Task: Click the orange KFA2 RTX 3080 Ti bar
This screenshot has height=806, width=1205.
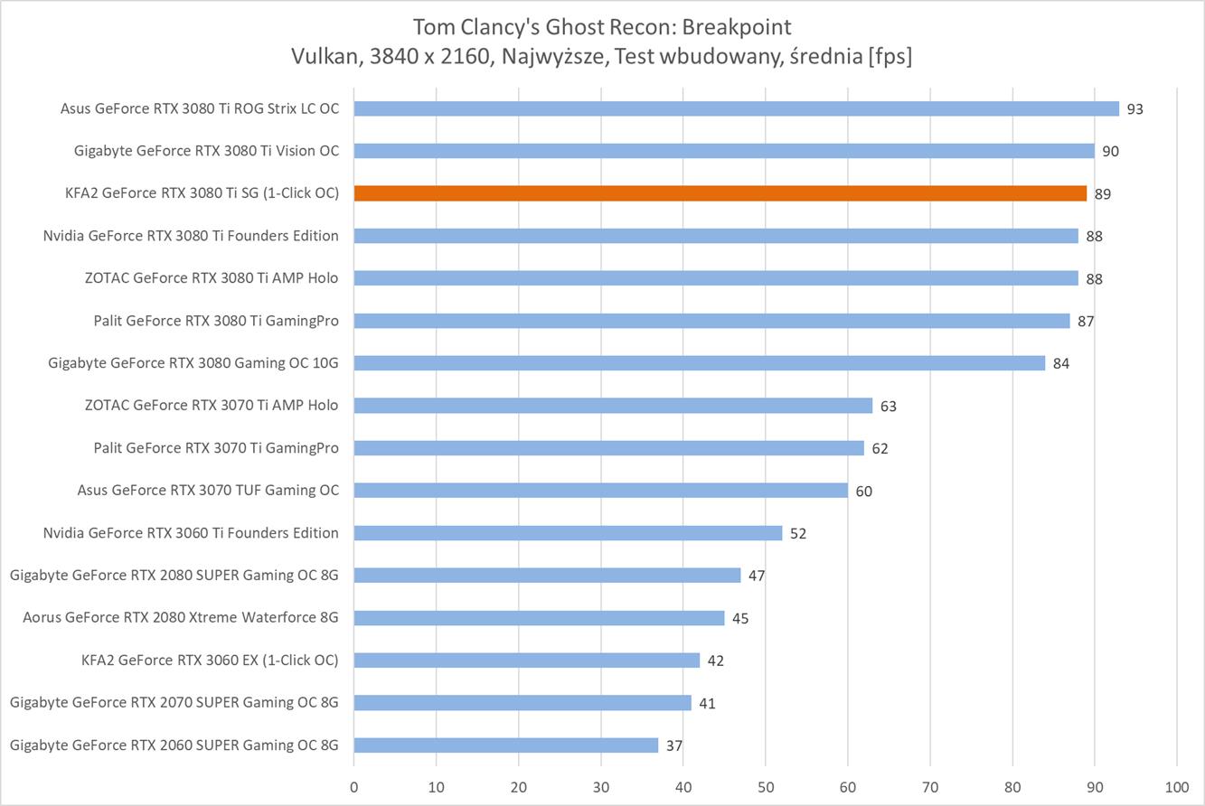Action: click(720, 193)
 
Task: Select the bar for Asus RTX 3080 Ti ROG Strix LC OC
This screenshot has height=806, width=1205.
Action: click(736, 108)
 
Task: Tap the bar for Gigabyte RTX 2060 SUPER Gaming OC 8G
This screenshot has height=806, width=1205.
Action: click(505, 745)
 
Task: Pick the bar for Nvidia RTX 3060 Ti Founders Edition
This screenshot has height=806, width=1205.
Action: click(568, 533)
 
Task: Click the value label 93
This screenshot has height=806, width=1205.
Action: click(1134, 109)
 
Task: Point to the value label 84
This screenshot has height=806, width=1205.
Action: click(1060, 363)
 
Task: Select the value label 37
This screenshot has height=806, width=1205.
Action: click(673, 746)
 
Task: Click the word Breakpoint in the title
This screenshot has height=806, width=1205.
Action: click(738, 25)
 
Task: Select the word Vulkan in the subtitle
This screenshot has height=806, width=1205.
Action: click(324, 56)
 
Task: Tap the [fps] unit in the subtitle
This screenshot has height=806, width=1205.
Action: click(890, 56)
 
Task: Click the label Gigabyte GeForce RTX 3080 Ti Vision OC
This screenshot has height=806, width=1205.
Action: click(206, 151)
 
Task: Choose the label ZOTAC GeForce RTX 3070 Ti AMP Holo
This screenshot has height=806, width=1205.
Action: click(212, 406)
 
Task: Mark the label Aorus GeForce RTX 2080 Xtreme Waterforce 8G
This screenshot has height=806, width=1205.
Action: click(181, 618)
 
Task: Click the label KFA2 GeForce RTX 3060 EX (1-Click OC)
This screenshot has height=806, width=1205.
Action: click(210, 661)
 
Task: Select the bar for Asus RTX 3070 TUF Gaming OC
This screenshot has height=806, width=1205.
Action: click(600, 491)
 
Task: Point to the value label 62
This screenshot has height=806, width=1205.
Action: click(880, 448)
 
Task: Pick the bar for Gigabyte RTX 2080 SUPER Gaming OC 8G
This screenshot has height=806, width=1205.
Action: click(547, 576)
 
